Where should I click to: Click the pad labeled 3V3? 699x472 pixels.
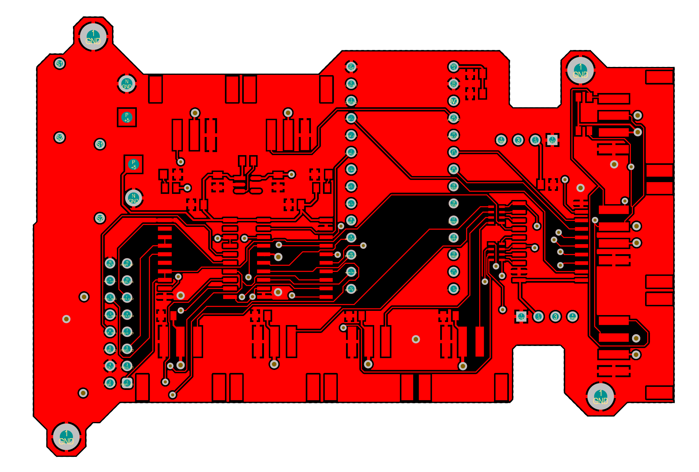(x=453, y=101)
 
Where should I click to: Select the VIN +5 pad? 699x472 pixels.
(x=453, y=67)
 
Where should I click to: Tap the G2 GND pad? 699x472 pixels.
(x=453, y=84)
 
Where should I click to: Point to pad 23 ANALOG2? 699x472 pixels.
(x=453, y=118)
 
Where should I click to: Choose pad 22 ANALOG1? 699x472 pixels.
(x=453, y=135)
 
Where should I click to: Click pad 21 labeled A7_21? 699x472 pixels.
(x=453, y=152)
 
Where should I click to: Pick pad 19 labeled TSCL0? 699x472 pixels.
(x=453, y=186)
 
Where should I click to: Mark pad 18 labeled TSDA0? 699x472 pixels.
(x=453, y=203)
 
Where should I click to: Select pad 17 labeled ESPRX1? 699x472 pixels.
(x=453, y=220)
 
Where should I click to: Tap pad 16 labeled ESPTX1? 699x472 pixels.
(x=453, y=238)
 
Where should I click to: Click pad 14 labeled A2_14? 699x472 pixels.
(x=453, y=272)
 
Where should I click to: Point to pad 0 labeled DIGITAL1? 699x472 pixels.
(x=351, y=84)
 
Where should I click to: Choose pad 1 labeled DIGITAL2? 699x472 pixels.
(x=351, y=101)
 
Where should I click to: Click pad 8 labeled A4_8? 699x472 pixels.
(x=351, y=220)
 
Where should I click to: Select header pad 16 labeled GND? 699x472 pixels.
(x=110, y=263)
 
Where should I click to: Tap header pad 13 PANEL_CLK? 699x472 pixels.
(x=127, y=281)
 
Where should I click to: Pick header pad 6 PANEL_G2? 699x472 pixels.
(x=110, y=349)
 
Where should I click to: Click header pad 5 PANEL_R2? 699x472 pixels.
(x=127, y=349)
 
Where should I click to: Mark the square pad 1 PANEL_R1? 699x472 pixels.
(x=127, y=383)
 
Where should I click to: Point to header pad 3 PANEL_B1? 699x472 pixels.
(x=127, y=366)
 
